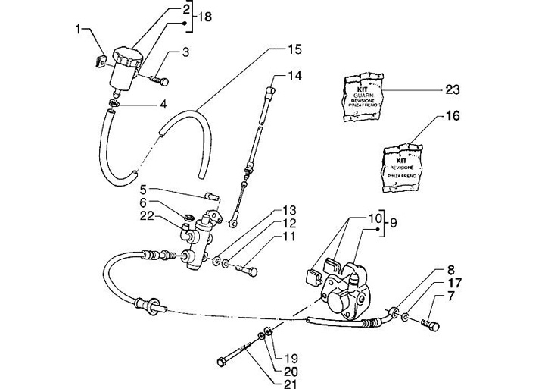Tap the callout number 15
(294, 50)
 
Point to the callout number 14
(294, 76)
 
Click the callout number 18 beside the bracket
(205, 16)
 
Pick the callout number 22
(147, 218)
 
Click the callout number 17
(452, 284)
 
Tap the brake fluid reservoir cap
(126, 55)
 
